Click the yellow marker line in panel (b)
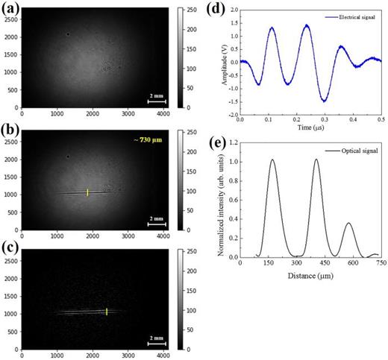pos(87,192)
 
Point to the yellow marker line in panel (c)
pos(107,312)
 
